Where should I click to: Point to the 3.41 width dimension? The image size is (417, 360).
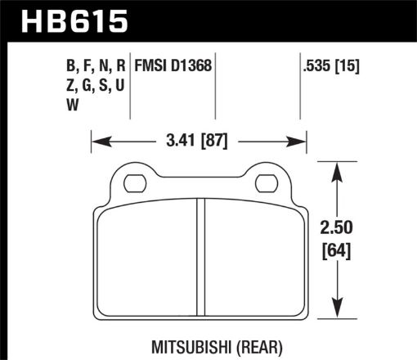180,141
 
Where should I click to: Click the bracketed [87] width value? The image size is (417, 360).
218,141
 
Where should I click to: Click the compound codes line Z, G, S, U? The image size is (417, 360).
101,84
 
